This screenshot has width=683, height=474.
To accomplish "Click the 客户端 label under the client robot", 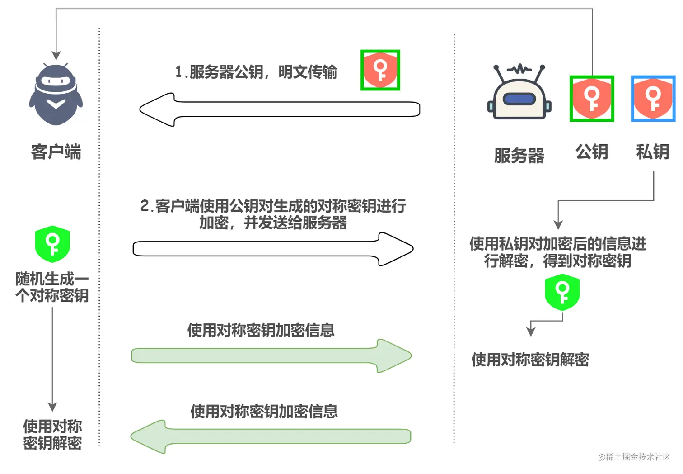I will [56, 152].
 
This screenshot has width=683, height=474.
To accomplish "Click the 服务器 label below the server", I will [519, 156].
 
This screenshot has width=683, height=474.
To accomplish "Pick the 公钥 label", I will [592, 152].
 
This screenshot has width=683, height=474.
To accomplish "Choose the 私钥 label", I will [652, 152].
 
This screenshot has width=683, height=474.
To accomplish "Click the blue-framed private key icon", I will [653, 99].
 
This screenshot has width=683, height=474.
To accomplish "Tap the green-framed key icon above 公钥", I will [592, 99].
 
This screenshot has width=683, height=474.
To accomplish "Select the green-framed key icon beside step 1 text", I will [380, 70].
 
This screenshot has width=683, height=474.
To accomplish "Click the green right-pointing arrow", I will [271, 356].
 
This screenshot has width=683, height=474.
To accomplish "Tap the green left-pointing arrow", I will [271, 436].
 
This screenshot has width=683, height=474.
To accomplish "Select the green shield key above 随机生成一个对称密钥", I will [52, 244].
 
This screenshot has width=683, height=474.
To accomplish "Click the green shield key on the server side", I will [562, 293].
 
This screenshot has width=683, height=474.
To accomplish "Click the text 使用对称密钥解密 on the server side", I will [530, 360].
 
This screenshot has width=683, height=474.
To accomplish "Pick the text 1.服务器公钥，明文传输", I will [256, 72].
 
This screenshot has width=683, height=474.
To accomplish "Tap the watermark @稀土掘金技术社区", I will [634, 457].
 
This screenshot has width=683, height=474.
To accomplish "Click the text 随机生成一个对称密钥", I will [52, 287].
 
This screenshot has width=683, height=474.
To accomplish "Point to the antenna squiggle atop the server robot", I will [519, 69].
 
